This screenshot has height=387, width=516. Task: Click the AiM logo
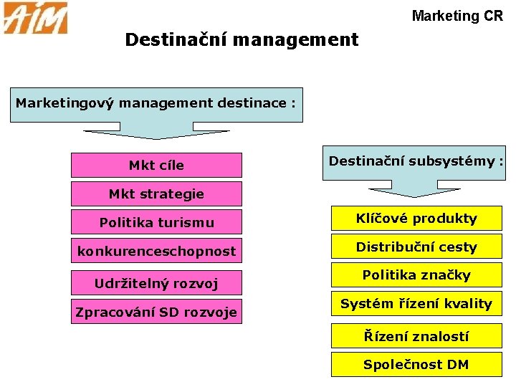[35, 18]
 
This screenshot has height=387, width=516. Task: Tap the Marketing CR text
[457, 15]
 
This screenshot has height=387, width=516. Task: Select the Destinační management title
[242, 39]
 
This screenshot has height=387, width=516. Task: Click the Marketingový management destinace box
[156, 103]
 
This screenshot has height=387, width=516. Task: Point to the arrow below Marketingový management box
[156, 133]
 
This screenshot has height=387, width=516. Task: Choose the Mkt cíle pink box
[156, 165]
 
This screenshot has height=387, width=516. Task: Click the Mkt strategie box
[156, 193]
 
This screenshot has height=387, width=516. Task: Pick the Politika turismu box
[156, 222]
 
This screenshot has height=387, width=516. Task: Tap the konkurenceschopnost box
[156, 251]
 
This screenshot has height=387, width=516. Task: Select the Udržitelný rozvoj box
[156, 283]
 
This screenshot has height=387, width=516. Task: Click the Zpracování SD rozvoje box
[156, 312]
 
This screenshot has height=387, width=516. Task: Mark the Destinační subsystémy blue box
[416, 161]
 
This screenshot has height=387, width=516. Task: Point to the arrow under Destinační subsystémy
[416, 191]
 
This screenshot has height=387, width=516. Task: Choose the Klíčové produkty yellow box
[416, 218]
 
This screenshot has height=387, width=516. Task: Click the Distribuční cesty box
[416, 247]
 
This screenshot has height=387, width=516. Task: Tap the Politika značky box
[416, 275]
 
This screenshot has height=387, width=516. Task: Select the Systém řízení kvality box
[416, 304]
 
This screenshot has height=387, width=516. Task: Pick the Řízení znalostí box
[416, 335]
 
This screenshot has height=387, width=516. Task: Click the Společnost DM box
[416, 364]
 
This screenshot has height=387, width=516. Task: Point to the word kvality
[467, 304]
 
